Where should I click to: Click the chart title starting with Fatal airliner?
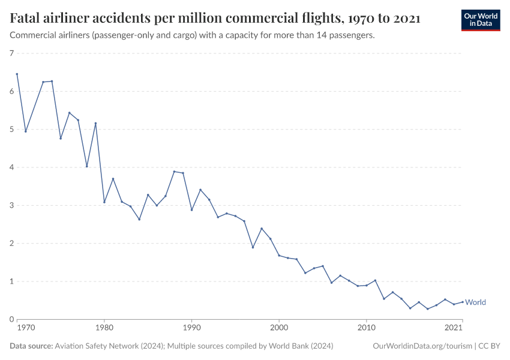point(215,19)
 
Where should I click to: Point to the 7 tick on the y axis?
point(11,54)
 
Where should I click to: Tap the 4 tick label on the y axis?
point(11,167)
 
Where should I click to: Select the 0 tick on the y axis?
point(11,319)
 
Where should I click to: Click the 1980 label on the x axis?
point(104,328)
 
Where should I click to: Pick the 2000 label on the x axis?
point(279,328)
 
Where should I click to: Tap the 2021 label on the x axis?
point(453,328)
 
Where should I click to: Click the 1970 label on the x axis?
point(25,328)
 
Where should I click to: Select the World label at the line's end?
point(476,302)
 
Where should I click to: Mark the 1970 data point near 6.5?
point(17,74)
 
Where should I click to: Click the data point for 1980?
point(104,202)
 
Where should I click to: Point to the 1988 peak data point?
point(174,172)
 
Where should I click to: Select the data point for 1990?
point(191,210)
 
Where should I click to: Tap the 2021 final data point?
point(462,302)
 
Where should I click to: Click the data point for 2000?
point(279,256)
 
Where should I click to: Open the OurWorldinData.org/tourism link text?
point(421,346)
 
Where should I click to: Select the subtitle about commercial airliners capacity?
point(192,35)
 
